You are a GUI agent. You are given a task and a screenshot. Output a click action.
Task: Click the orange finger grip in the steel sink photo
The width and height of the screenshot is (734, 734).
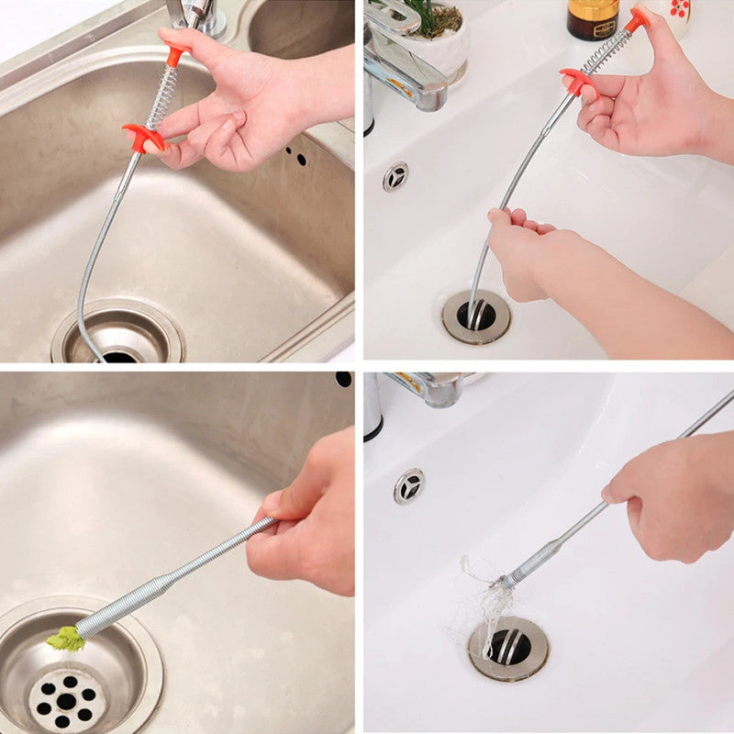tap(143, 139)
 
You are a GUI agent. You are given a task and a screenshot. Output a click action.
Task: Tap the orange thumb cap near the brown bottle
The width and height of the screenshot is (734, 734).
tap(637, 17)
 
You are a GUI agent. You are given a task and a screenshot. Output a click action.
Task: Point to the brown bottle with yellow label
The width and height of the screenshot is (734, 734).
tap(593, 18)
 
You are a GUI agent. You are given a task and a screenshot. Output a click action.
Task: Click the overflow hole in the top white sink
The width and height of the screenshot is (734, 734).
tap(395, 176)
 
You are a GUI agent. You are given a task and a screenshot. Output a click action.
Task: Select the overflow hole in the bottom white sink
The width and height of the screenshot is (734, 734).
tap(409, 485)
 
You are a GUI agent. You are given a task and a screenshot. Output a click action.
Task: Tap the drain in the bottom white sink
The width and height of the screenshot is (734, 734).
tap(508, 648)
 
